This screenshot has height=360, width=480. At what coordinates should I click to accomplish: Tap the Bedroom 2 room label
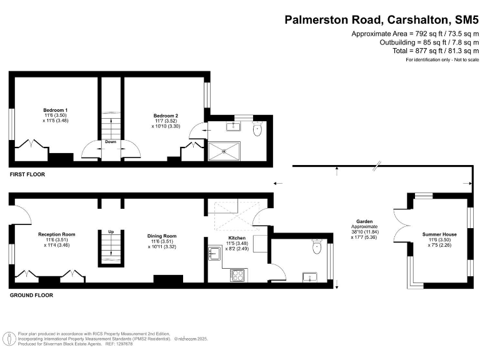pos(166,116)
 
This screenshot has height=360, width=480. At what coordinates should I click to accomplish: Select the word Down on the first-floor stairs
pos(111,142)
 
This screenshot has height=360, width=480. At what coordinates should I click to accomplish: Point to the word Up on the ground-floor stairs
pos(111,232)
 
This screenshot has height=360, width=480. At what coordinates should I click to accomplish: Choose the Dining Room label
pos(162,236)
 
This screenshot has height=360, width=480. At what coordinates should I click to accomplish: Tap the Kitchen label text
pos(237,238)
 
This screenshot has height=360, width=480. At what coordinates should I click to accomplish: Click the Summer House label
pos(439,234)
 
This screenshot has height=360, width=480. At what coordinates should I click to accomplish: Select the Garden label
pos(364,222)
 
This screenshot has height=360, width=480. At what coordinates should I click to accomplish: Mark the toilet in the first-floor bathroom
pos(257,131)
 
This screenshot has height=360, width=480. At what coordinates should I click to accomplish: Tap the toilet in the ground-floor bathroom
pos(316,248)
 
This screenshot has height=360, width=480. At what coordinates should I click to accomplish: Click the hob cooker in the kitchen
pos(237,274)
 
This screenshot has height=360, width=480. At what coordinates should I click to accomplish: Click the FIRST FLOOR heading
pos(27,174)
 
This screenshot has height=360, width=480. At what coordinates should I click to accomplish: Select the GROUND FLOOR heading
pos(31,295)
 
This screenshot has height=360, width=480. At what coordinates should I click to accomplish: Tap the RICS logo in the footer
pos(9,339)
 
